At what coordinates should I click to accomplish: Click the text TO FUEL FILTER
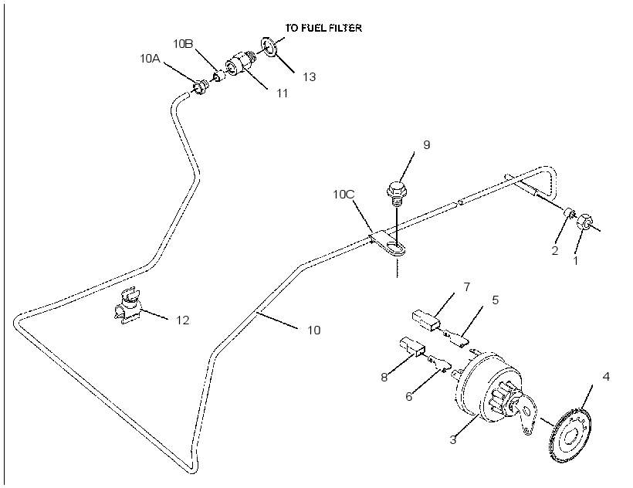(x=323, y=28)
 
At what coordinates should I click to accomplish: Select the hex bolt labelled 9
(x=398, y=194)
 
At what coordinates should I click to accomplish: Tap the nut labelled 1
(x=584, y=221)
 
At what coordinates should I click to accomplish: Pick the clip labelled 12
(x=127, y=305)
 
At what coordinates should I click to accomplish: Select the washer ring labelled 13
(x=269, y=47)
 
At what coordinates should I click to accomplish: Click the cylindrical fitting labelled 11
(x=240, y=63)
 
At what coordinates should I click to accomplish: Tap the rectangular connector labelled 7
(x=427, y=321)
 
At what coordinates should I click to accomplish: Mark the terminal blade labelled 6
(x=438, y=363)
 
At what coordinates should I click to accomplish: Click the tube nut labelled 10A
(x=200, y=87)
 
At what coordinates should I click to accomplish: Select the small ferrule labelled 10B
(x=218, y=76)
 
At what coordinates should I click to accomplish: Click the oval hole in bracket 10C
(x=396, y=246)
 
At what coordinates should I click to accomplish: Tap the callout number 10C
(x=344, y=194)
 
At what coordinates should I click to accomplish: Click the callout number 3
(x=453, y=439)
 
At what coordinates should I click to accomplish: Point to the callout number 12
(x=182, y=320)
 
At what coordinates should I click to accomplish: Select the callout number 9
(x=426, y=145)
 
